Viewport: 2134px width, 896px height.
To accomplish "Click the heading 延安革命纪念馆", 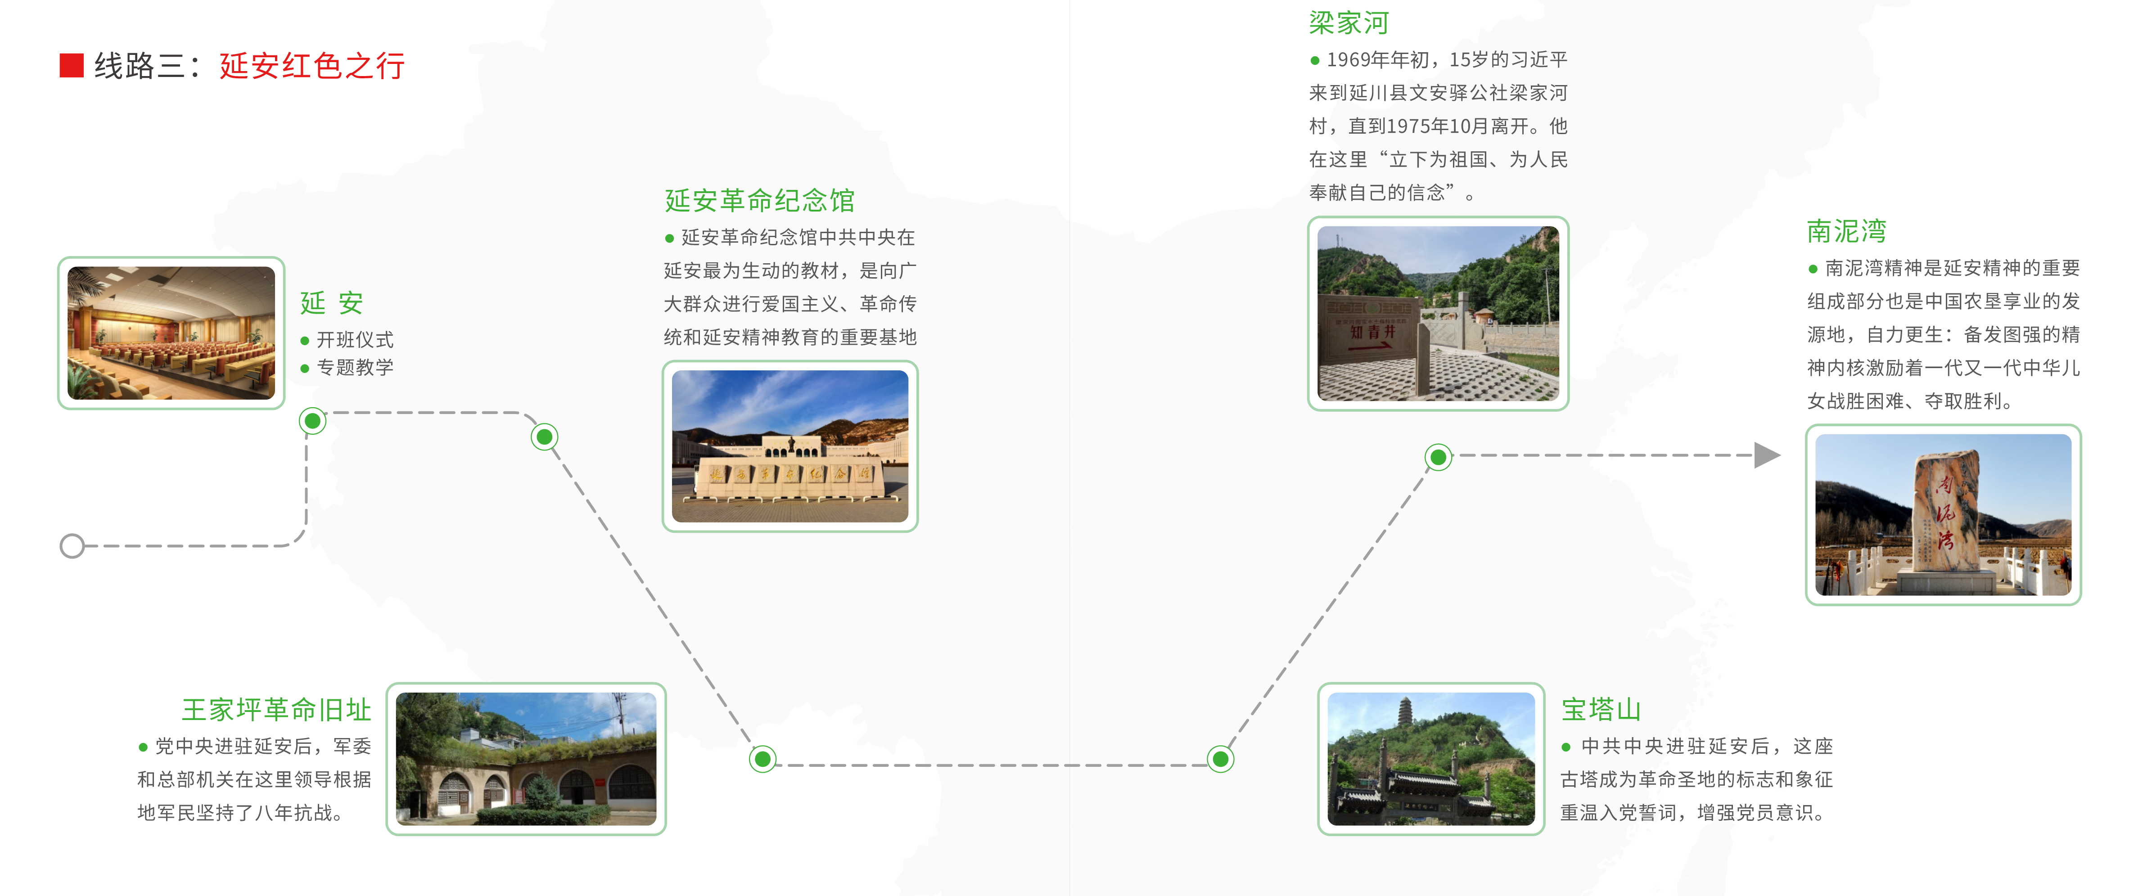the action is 760,200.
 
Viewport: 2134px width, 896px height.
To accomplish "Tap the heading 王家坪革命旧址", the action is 277,710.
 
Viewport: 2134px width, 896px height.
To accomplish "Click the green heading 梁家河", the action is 1349,23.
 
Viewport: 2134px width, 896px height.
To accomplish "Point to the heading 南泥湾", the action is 1846,231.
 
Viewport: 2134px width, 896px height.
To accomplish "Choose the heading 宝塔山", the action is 1602,710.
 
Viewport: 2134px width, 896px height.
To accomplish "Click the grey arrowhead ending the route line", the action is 1767,455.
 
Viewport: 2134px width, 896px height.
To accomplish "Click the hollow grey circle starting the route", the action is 72,546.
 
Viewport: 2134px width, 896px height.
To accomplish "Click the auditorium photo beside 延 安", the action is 171,333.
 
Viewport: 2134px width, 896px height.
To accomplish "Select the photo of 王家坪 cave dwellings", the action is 526,759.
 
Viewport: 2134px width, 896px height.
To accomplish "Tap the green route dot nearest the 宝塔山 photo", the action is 1220,759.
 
